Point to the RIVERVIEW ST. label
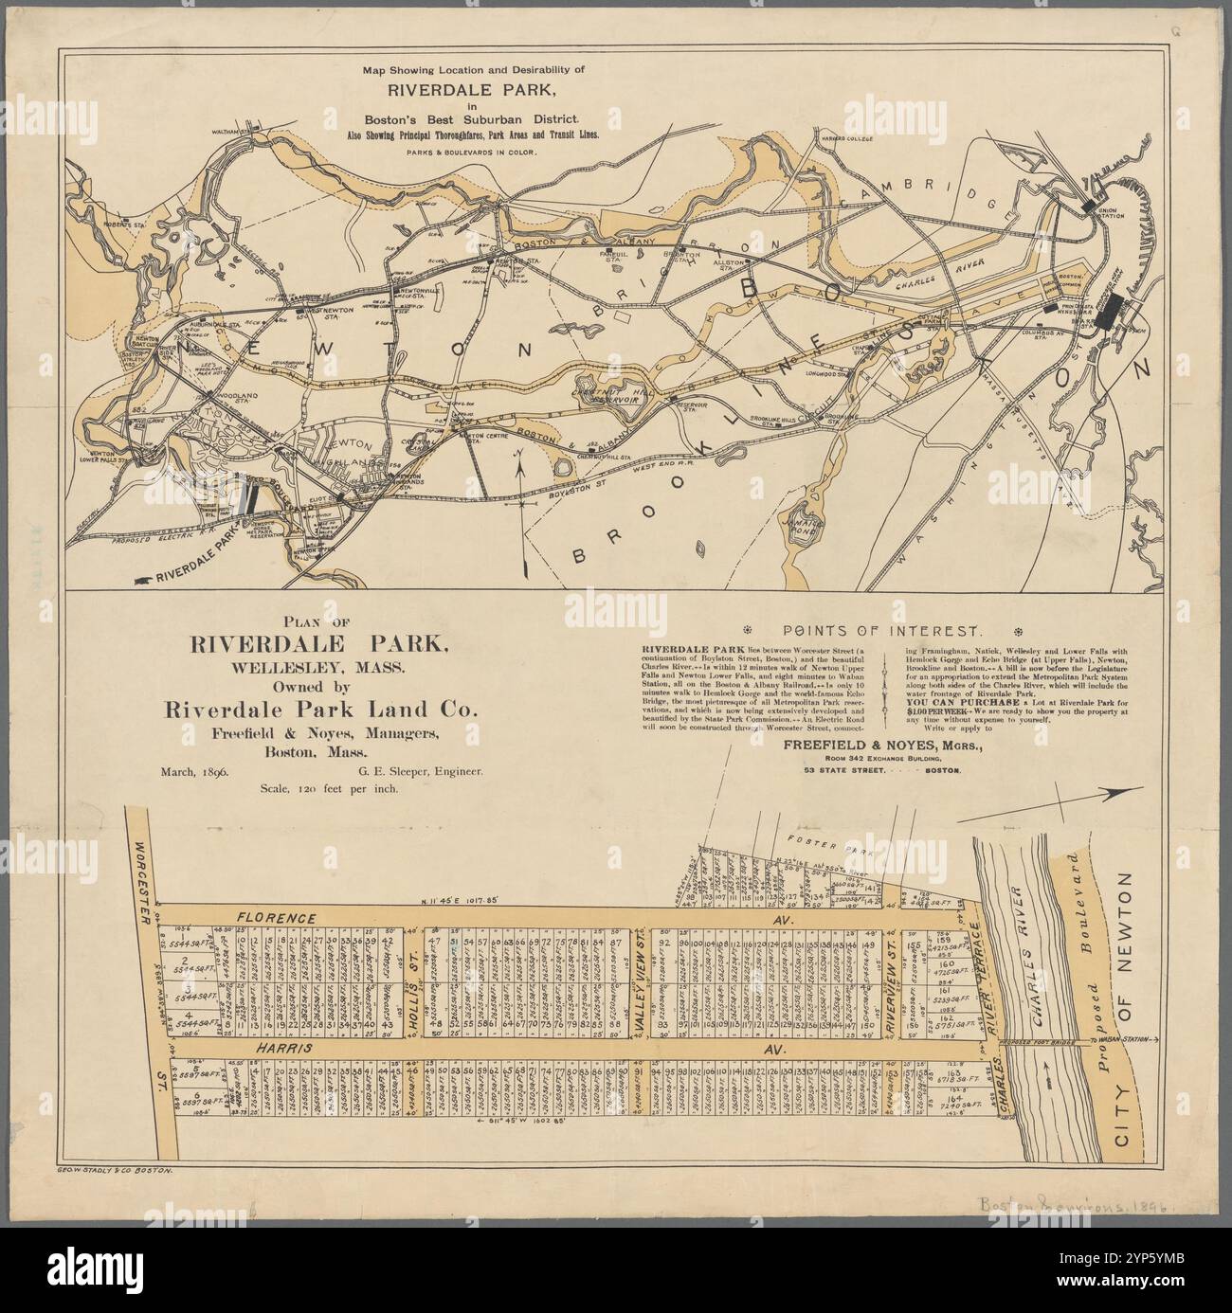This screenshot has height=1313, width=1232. pos(892,984)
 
